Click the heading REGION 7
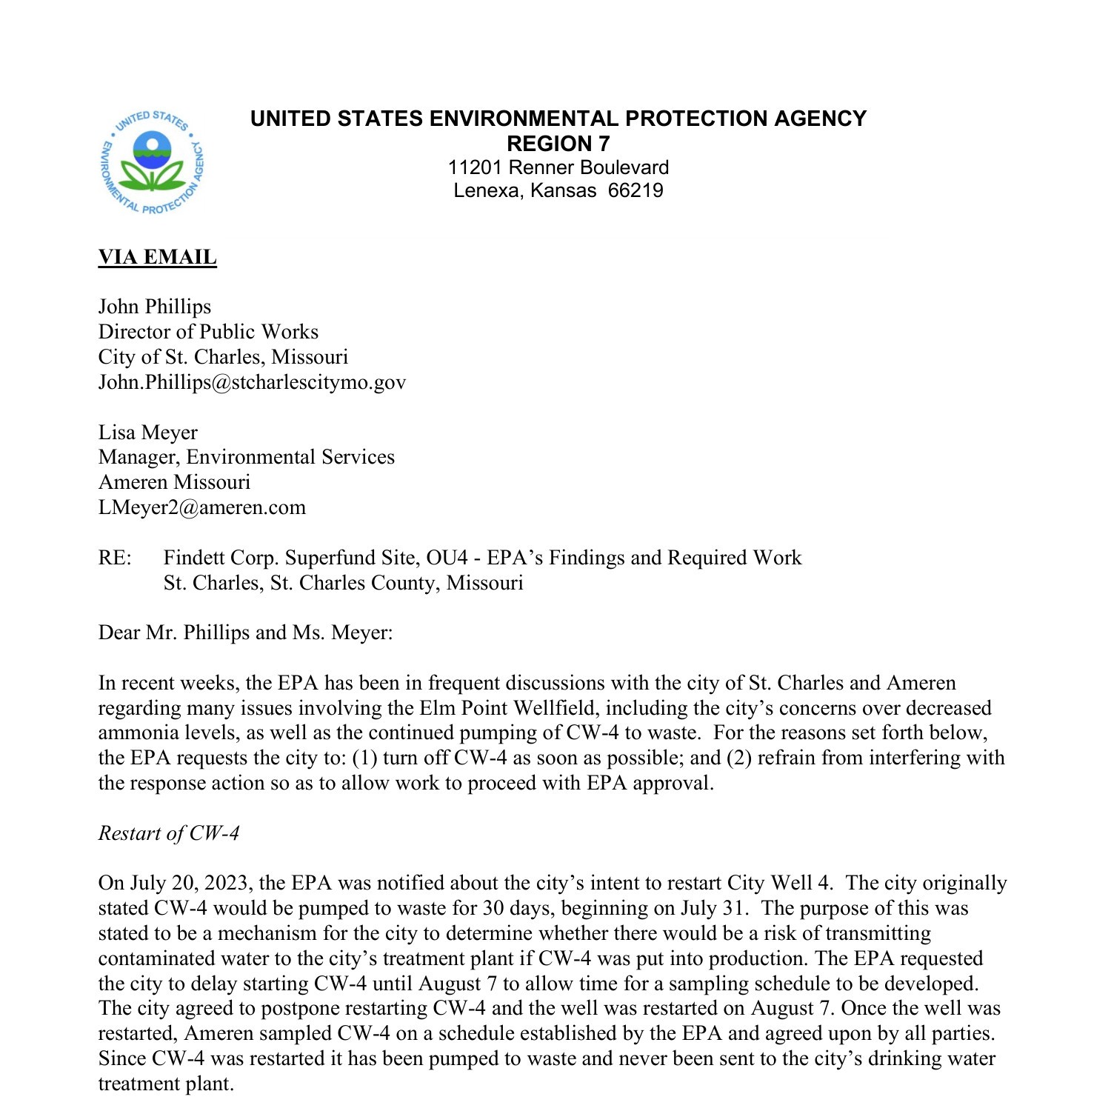558,143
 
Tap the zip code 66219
635,190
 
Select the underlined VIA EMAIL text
157,257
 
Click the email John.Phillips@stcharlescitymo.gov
252,382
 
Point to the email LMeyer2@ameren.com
201,507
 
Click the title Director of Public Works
208,332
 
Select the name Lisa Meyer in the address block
147,433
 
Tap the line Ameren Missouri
174,482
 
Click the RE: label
115,558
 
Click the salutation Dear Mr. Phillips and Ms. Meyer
245,633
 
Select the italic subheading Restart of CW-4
169,833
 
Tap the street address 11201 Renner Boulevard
558,167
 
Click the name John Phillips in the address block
154,307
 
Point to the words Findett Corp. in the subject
221,558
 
